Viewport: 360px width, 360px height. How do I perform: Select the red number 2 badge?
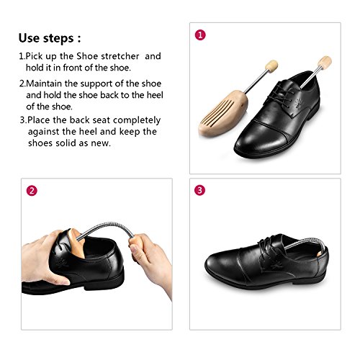point(31,191)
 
